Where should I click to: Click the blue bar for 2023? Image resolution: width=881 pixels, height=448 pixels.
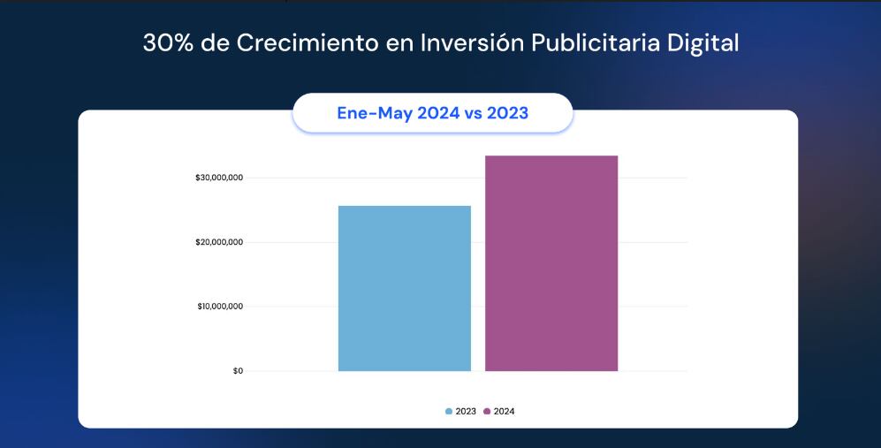point(404,288)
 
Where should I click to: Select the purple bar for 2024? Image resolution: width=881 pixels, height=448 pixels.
point(551,263)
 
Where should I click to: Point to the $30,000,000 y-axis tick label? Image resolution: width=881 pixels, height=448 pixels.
point(219,178)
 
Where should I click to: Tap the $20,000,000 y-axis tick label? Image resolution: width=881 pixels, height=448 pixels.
point(219,243)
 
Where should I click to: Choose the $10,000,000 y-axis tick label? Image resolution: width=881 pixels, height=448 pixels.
point(219,307)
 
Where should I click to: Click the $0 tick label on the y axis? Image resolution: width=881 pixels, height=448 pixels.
point(238,371)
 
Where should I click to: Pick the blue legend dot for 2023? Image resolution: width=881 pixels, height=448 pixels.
point(449,412)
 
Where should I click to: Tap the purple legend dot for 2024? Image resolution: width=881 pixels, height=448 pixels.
point(487,412)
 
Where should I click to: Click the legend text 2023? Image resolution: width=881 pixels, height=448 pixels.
point(466,412)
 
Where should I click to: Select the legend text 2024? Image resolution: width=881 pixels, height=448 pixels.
point(504,412)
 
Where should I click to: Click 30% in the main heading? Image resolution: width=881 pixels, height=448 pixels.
point(168,43)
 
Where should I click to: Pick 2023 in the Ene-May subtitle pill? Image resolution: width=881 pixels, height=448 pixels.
point(508,113)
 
